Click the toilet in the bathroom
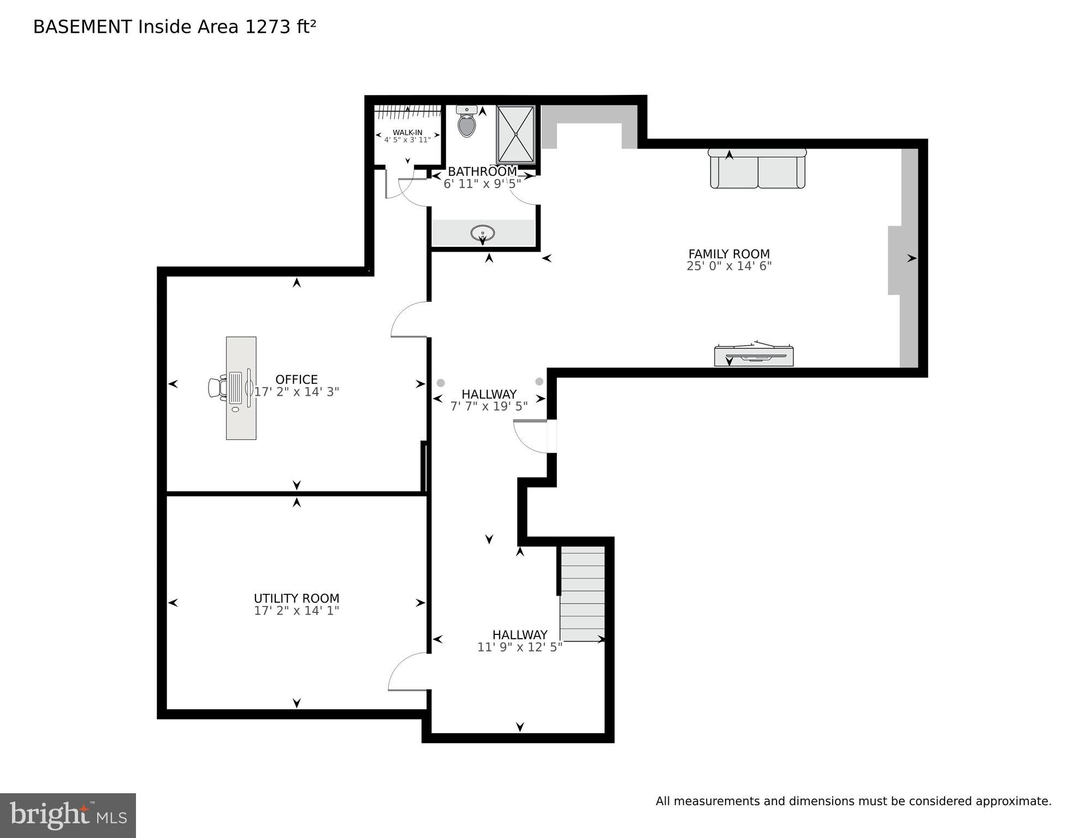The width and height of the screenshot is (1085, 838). pos(466,123)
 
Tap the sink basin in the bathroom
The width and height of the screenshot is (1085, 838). pos(483,234)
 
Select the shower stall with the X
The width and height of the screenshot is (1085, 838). pos(515,134)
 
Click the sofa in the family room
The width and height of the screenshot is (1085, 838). pos(757,169)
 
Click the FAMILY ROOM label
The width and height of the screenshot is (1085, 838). pos(728,254)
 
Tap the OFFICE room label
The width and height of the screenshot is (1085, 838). pos(297,379)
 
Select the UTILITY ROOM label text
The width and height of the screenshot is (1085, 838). pos(297,598)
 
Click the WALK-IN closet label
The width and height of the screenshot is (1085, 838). pos(407,133)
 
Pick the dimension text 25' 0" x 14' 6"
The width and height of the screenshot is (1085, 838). pos(728,266)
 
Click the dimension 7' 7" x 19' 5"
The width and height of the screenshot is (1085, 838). pos(489,407)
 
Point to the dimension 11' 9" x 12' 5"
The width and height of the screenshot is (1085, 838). pos(519,647)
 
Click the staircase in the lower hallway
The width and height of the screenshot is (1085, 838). pos(583,594)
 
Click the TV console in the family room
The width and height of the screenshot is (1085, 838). pos(754,355)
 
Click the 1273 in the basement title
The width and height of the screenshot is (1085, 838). pos(268,27)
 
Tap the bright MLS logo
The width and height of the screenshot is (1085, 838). pos(68,815)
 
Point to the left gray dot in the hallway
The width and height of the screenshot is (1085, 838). pos(441,383)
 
